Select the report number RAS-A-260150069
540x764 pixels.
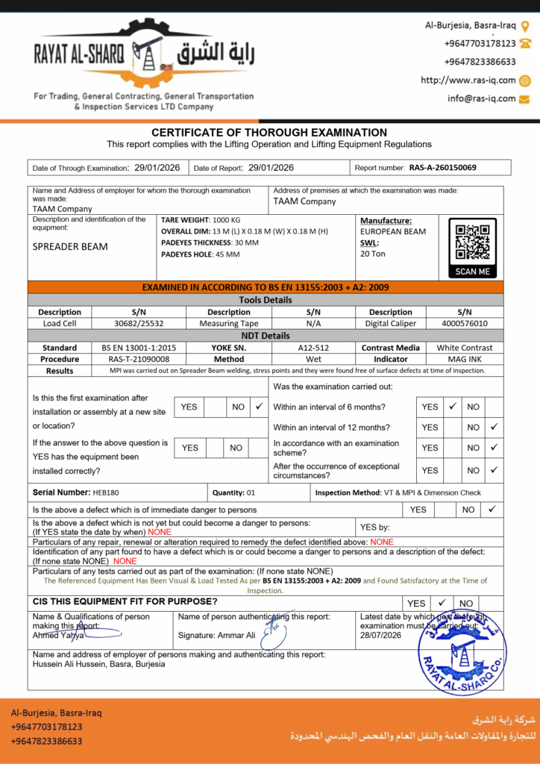click(442, 168)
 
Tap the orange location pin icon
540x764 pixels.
click(524, 26)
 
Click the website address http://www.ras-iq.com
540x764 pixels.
click(468, 81)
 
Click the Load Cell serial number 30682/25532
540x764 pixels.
click(139, 324)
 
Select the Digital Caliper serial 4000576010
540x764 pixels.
click(463, 324)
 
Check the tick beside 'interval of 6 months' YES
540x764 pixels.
click(452, 407)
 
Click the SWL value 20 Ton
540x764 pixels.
click(373, 254)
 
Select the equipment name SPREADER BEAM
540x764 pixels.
click(70, 247)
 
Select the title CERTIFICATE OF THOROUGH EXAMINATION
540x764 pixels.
click(269, 133)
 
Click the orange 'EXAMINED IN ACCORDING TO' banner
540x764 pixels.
click(266, 287)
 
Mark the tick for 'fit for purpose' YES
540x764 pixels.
click(442, 602)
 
